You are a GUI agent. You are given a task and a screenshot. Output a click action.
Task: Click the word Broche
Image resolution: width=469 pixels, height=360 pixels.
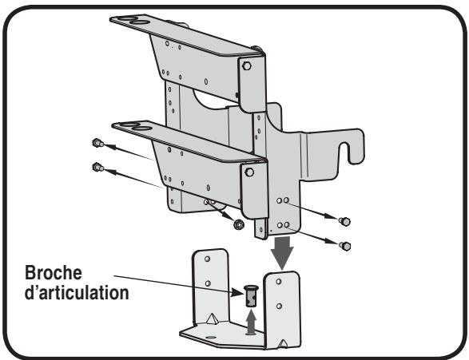(54, 273)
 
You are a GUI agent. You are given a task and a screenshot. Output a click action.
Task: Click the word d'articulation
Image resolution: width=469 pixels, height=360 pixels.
(77, 292)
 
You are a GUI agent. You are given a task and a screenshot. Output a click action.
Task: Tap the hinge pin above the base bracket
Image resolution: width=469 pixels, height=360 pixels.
(252, 296)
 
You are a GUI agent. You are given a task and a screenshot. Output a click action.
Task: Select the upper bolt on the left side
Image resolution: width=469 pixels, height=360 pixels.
(97, 143)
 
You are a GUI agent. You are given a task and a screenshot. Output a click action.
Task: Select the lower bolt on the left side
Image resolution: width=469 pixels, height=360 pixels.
(97, 167)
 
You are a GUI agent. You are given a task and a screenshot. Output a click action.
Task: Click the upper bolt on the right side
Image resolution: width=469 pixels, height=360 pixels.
(344, 222)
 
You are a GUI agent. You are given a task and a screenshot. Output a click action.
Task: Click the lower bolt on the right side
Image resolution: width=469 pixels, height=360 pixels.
(345, 246)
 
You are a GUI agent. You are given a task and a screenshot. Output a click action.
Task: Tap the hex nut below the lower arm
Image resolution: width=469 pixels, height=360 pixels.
(238, 224)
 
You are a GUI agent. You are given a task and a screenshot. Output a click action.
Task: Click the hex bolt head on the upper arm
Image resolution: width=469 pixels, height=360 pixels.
(247, 65)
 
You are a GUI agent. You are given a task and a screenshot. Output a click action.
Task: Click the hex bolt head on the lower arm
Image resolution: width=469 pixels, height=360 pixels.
(249, 172)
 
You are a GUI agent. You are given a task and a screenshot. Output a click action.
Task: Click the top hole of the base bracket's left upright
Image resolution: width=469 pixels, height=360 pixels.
(207, 259)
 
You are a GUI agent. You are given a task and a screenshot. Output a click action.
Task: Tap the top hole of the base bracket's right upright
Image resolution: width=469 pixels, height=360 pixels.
(279, 282)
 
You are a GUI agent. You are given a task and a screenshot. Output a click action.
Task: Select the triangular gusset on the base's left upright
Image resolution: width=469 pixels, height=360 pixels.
(212, 319)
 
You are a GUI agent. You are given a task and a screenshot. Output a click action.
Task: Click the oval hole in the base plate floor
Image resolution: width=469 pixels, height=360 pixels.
(211, 337)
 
